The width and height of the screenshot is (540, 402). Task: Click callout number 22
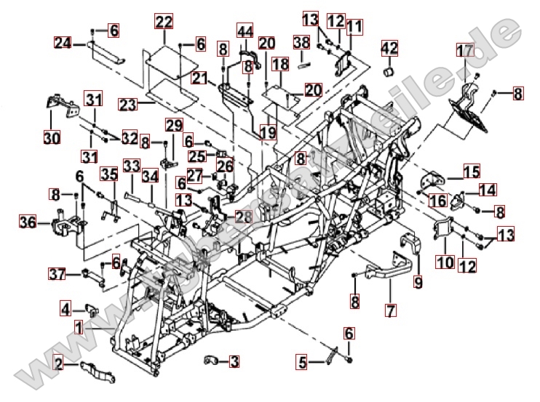164,21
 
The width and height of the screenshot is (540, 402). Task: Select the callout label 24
63,43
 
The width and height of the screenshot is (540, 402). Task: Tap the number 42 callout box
390,49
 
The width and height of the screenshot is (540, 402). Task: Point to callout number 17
464,50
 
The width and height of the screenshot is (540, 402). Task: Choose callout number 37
58,274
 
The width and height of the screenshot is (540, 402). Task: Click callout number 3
234,360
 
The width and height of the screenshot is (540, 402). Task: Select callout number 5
301,360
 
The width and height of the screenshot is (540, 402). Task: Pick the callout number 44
245,31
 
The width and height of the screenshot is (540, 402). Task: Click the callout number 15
472,172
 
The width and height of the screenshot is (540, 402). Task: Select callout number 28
243,217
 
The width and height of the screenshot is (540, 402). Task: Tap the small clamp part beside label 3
211,359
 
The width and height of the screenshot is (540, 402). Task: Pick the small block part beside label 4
93,310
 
